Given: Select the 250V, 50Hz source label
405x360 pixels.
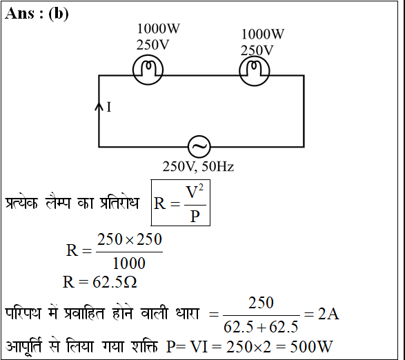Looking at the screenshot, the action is tap(198, 167).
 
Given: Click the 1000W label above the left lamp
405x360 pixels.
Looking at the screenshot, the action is tap(158, 28).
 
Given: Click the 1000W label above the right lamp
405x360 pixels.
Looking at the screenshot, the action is tap(263, 34).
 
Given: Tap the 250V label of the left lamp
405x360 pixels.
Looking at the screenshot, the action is tap(152, 45).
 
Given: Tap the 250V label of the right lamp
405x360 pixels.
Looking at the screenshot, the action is tap(257, 50).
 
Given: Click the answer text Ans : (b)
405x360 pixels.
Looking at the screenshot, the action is tap(37, 14).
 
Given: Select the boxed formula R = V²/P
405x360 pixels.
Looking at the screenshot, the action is tap(181, 203).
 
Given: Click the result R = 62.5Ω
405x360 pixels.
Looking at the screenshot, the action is tap(100, 282).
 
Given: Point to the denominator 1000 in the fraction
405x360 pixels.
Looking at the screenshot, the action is tap(129, 263).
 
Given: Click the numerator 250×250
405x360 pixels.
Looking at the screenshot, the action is tap(130, 239).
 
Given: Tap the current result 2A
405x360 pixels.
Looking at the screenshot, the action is tap(328, 314).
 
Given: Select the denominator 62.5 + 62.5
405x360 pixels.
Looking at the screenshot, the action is tap(261, 327).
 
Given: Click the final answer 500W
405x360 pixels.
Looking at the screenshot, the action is tap(311, 347).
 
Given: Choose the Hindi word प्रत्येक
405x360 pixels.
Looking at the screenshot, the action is tap(21, 203).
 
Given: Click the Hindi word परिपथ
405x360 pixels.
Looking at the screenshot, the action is tap(23, 314).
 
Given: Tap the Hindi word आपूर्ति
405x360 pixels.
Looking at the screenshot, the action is tap(23, 346).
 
